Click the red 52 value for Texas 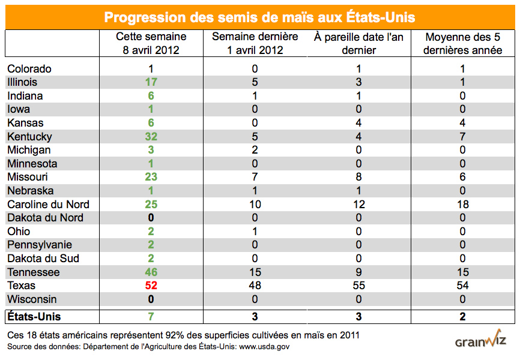point(151,286)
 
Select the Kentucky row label point(29,137)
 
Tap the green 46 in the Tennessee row point(151,272)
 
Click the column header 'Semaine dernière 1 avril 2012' point(255,44)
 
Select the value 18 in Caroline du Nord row point(462,205)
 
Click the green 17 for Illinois point(151,82)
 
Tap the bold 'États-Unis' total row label point(34,316)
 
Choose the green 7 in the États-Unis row point(151,316)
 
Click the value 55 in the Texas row point(358,286)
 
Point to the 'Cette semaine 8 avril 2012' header point(151,44)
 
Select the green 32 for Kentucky point(151,137)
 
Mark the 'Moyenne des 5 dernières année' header point(462,44)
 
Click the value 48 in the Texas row point(255,286)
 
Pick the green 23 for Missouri point(151,178)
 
